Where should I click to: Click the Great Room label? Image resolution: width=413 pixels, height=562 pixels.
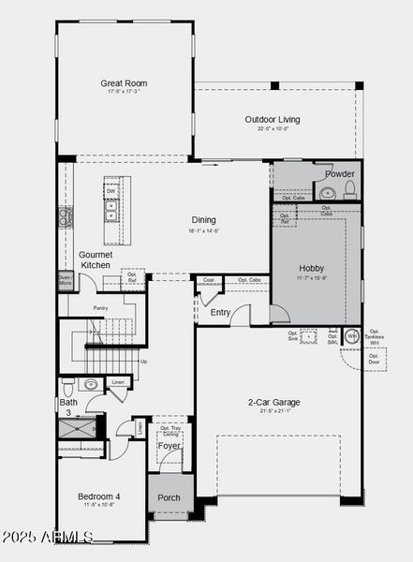coord(124,83)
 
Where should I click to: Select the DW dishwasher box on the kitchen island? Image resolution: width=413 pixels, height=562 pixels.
coord(111,191)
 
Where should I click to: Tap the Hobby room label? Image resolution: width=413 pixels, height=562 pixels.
coord(311,267)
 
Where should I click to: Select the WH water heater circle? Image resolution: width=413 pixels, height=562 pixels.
coord(352,335)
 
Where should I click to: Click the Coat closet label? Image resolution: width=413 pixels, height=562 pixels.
coord(208,280)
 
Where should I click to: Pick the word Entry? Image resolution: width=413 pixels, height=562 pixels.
coord(220,313)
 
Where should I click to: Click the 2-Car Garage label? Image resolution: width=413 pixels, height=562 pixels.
coord(273,403)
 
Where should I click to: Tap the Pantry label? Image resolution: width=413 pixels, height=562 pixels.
coord(101,307)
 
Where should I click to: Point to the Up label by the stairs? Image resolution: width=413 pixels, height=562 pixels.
coord(142,361)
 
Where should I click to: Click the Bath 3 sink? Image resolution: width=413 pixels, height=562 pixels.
coord(91,384)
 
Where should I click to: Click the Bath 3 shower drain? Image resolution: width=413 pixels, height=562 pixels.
coord(77,427)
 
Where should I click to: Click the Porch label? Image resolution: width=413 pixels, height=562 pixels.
coord(169,497)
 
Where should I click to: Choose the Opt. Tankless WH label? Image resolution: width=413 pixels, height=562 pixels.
coord(375,336)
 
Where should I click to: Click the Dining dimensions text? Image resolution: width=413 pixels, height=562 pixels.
coord(204,229)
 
